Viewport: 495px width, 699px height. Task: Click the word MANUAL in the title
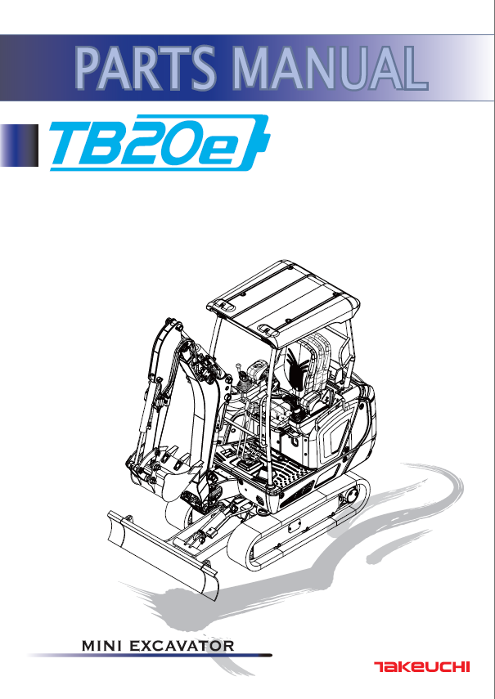click(330, 68)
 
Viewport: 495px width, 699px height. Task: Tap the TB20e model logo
click(160, 142)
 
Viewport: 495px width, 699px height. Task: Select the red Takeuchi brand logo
click(421, 667)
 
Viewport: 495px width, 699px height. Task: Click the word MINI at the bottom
click(102, 646)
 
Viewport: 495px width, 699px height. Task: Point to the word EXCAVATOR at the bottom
click(182, 646)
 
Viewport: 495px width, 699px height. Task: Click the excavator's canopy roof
click(284, 302)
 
